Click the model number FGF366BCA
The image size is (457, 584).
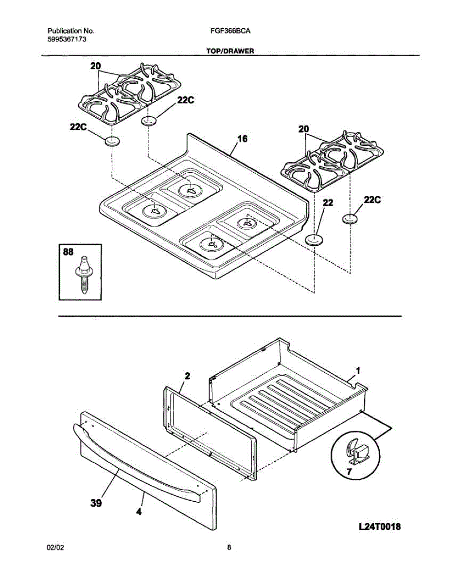click(x=230, y=30)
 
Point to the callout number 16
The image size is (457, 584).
click(x=242, y=139)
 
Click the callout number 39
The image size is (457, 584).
click(x=96, y=504)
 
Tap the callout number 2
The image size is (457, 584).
click(x=188, y=376)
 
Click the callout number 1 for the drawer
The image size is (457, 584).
click(x=358, y=370)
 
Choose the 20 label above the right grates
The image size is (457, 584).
click(x=303, y=129)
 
